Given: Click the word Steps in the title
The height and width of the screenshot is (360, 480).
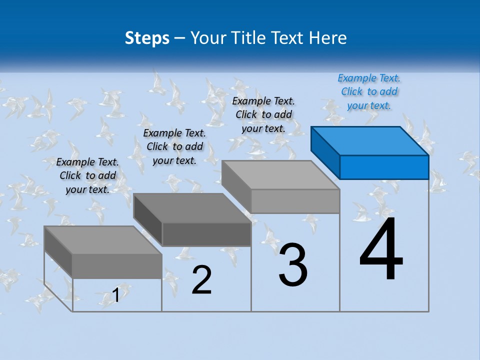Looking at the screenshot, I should click(147, 38).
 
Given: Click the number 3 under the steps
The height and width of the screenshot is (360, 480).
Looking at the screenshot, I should click(293, 265).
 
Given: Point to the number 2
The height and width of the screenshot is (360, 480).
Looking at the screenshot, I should click(201, 280).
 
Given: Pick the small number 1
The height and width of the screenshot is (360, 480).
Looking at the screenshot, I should click(116, 295).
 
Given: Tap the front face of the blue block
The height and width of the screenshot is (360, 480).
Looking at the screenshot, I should click(384, 167).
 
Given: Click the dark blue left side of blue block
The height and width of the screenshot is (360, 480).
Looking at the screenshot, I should click(325, 152).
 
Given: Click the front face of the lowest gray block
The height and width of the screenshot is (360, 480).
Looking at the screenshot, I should click(116, 266).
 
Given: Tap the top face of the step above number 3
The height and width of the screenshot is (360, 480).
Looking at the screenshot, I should click(280, 174).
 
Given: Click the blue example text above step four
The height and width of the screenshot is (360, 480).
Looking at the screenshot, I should click(369, 91).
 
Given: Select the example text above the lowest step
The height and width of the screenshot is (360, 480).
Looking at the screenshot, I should click(87, 175).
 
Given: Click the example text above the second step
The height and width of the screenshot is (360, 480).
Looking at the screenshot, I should click(174, 146).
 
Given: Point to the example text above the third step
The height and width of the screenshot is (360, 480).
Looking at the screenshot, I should click(263, 114).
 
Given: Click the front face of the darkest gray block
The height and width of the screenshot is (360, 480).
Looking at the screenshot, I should click(206, 234).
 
